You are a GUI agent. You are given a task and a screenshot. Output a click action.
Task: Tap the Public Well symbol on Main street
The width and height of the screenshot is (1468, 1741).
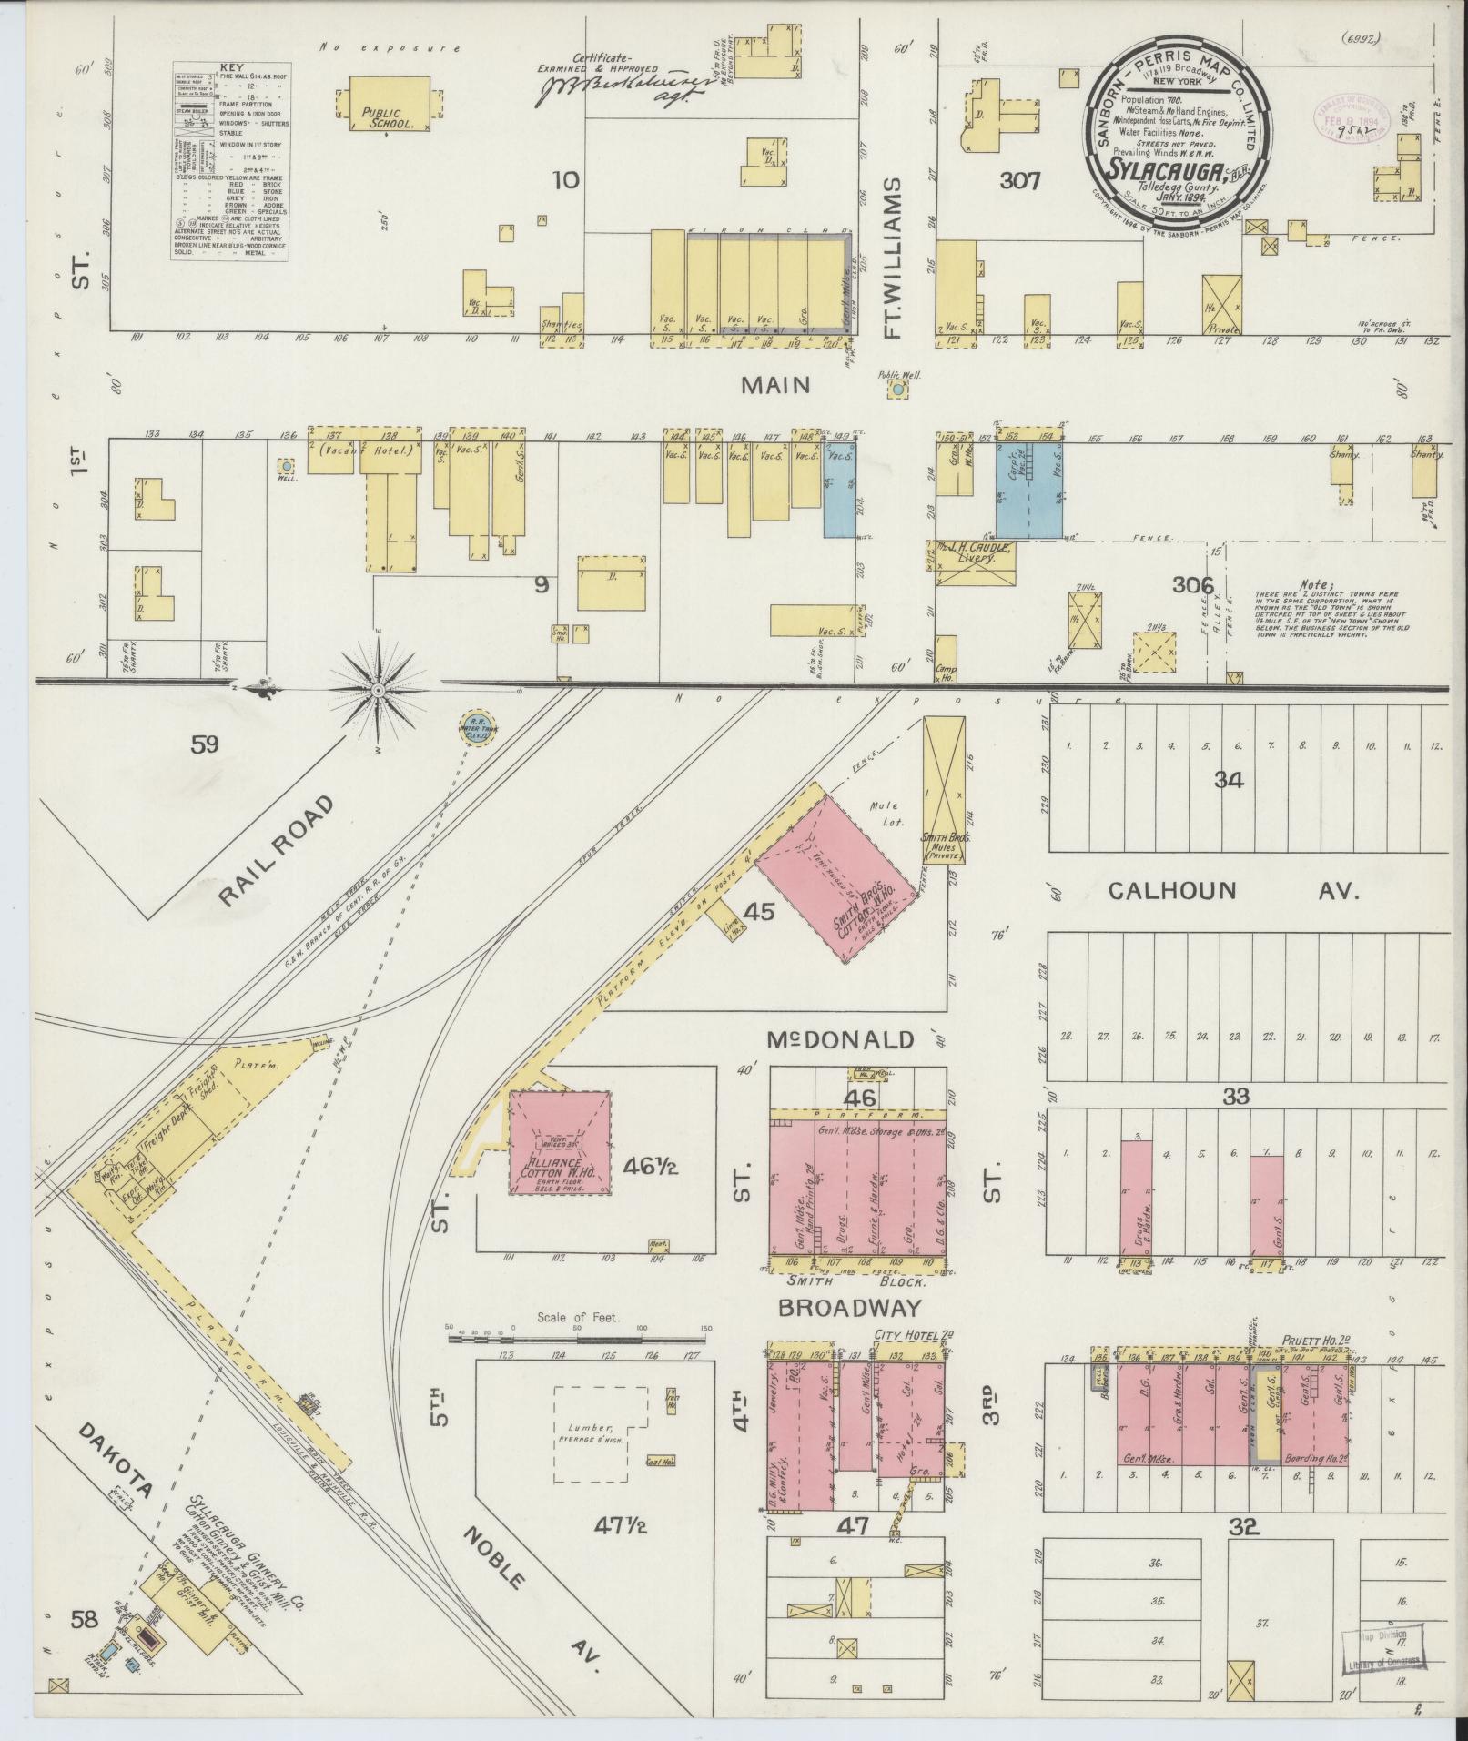pyautogui.click(x=898, y=389)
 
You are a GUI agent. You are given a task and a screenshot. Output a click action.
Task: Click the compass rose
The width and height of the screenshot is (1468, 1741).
pyautogui.click(x=377, y=691)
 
